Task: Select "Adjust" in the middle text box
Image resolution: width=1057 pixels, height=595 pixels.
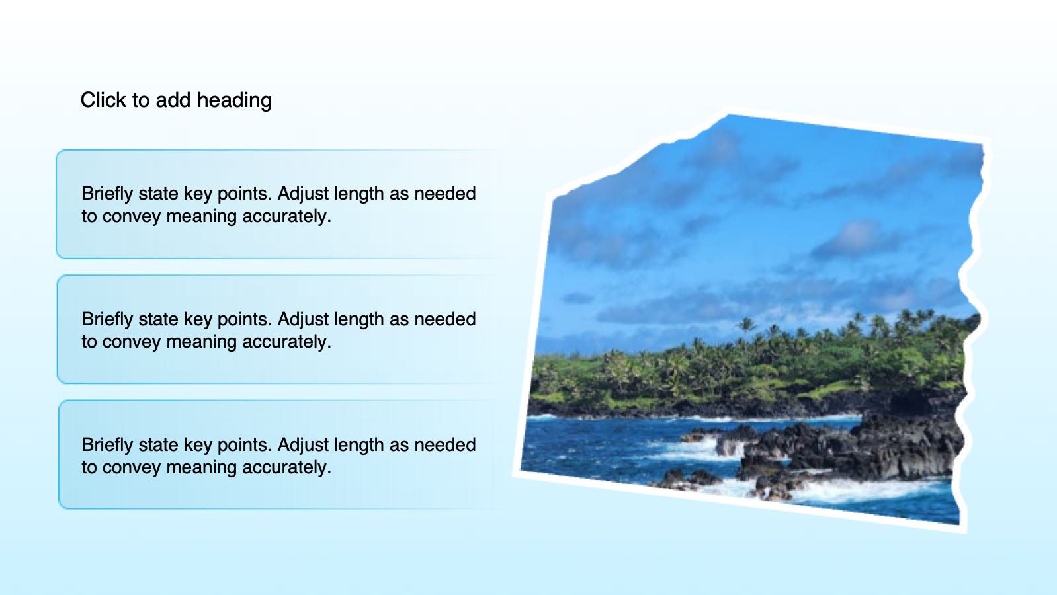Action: point(303,320)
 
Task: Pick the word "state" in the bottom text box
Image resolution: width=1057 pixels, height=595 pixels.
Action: point(158,445)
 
